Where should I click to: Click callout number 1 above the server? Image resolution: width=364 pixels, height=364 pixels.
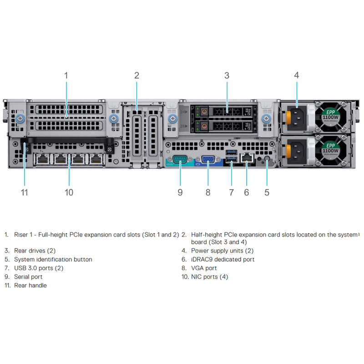coord(66,75)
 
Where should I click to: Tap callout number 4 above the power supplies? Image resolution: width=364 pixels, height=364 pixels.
coord(297,75)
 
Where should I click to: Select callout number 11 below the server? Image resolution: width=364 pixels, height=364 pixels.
coord(25,192)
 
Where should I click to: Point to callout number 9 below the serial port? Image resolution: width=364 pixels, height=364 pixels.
coord(180,192)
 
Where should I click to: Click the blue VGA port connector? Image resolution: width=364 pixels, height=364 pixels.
coord(208,160)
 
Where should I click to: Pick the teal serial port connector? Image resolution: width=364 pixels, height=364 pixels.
coord(180,160)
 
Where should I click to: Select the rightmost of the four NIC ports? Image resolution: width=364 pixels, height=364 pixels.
coord(96,159)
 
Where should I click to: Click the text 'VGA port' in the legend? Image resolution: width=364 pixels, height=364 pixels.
coord(204,268)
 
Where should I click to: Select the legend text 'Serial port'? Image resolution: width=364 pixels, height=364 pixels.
coord(28,277)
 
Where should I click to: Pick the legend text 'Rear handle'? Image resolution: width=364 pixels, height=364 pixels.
coord(30,285)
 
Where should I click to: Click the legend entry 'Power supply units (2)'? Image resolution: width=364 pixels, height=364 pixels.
coord(222,251)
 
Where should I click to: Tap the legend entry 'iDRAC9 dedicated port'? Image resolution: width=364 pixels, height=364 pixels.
coord(222,259)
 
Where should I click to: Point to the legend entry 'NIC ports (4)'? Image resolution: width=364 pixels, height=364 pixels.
coord(209,277)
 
